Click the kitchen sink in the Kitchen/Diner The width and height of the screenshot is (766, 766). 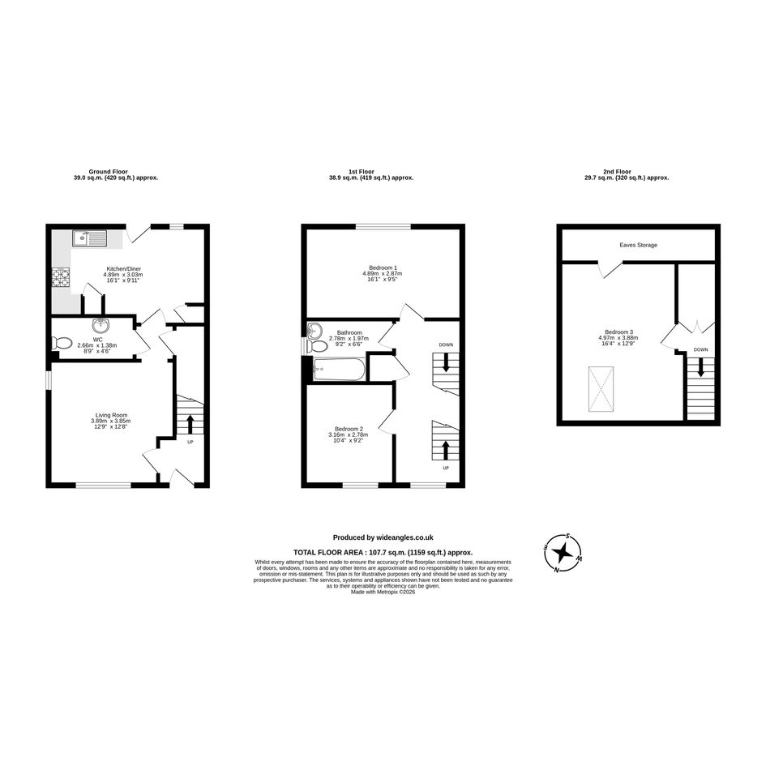pos(89,238)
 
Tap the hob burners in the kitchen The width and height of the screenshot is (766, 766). pos(61,277)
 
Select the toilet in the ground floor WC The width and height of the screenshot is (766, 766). pos(61,343)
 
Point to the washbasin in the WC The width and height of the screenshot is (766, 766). pos(101,324)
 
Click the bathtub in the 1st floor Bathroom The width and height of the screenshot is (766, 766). pos(338,370)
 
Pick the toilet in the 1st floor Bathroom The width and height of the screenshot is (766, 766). pos(317,347)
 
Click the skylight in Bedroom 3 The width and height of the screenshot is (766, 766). pos(601,389)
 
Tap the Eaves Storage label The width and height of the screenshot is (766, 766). pos(639,245)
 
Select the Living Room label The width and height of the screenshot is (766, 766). pos(111,415)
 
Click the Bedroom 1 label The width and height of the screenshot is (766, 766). pos(383,267)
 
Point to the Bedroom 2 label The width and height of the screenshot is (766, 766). pos(349,429)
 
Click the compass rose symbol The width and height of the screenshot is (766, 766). pos(563,553)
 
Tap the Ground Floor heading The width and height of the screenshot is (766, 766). pos(108,172)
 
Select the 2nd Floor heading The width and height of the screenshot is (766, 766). pos(617,172)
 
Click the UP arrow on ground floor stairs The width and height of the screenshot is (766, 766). pos(190,424)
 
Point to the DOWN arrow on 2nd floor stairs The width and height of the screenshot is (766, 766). pos(701,367)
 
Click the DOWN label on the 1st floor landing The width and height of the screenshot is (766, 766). pos(446,344)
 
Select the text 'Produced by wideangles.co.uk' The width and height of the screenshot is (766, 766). pos(383,537)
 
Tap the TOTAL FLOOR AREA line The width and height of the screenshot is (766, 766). pos(383,553)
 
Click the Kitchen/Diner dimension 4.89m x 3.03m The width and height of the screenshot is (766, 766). pos(123,275)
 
